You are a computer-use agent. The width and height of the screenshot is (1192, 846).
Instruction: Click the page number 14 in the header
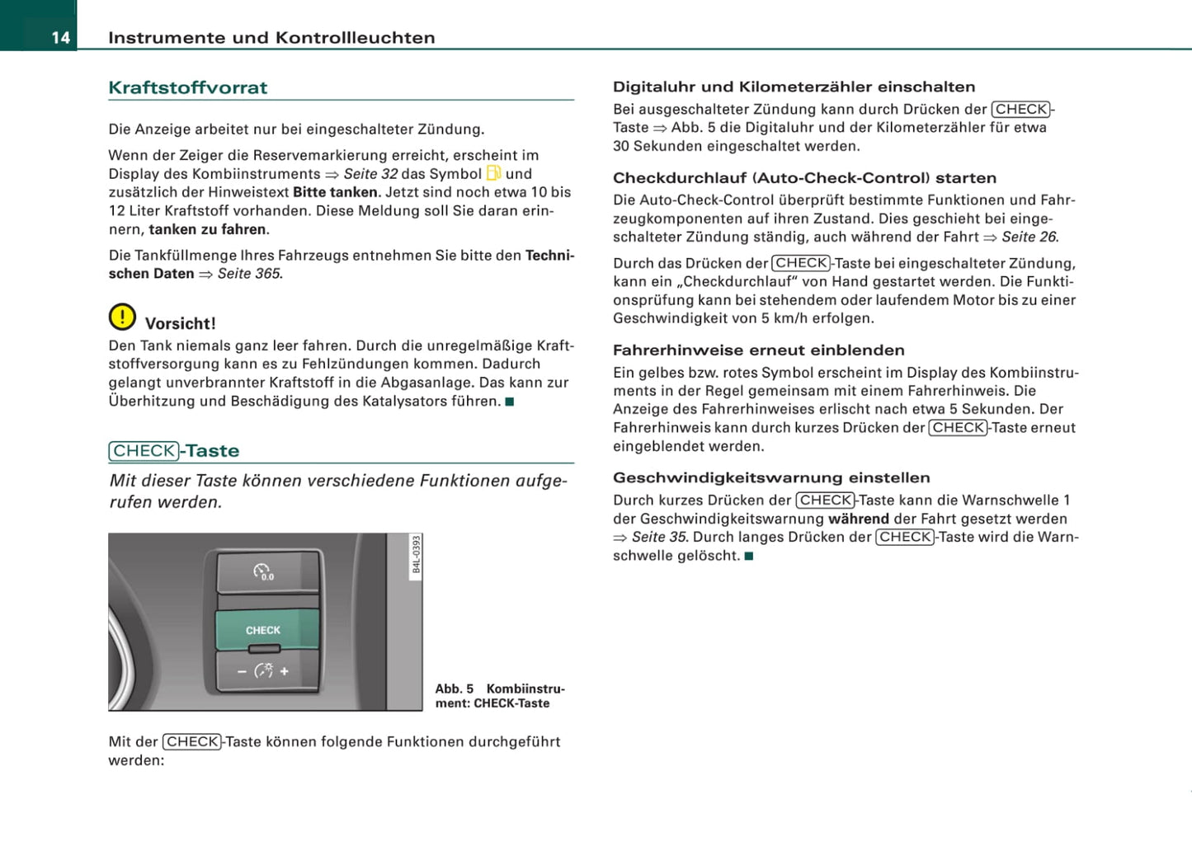tap(60, 38)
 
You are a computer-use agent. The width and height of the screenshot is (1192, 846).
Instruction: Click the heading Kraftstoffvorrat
tap(187, 87)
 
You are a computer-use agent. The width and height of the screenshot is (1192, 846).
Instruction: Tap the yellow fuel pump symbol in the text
tap(493, 173)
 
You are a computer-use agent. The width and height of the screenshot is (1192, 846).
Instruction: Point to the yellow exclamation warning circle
tap(122, 317)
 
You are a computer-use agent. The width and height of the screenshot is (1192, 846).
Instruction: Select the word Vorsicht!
tap(180, 323)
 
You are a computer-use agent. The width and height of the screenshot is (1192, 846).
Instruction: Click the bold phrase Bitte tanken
tap(335, 192)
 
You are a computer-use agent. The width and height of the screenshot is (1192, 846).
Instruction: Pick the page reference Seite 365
tap(249, 274)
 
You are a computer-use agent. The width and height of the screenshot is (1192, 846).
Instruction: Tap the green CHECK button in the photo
tap(264, 630)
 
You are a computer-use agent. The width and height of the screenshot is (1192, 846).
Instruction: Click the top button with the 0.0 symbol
tap(264, 571)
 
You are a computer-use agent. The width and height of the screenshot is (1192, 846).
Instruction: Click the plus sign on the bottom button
tap(285, 671)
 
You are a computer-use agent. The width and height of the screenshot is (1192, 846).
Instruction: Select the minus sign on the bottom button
tap(242, 671)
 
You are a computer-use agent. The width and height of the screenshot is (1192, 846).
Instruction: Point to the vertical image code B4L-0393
tap(417, 554)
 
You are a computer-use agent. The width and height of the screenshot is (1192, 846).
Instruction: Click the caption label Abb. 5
tap(455, 689)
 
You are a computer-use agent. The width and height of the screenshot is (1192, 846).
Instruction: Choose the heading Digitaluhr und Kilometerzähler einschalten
tap(794, 87)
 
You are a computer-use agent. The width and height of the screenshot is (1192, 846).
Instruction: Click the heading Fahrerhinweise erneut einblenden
tap(758, 350)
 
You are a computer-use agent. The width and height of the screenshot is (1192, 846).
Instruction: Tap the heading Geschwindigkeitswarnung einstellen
tap(771, 477)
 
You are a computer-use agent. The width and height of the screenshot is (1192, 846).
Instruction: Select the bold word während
tap(858, 519)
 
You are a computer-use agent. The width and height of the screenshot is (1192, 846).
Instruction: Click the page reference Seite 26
tap(1029, 237)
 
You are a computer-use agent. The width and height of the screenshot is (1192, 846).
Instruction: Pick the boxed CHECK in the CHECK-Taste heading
tap(144, 451)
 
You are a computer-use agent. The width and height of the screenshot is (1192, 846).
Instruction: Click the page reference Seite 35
tap(659, 537)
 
